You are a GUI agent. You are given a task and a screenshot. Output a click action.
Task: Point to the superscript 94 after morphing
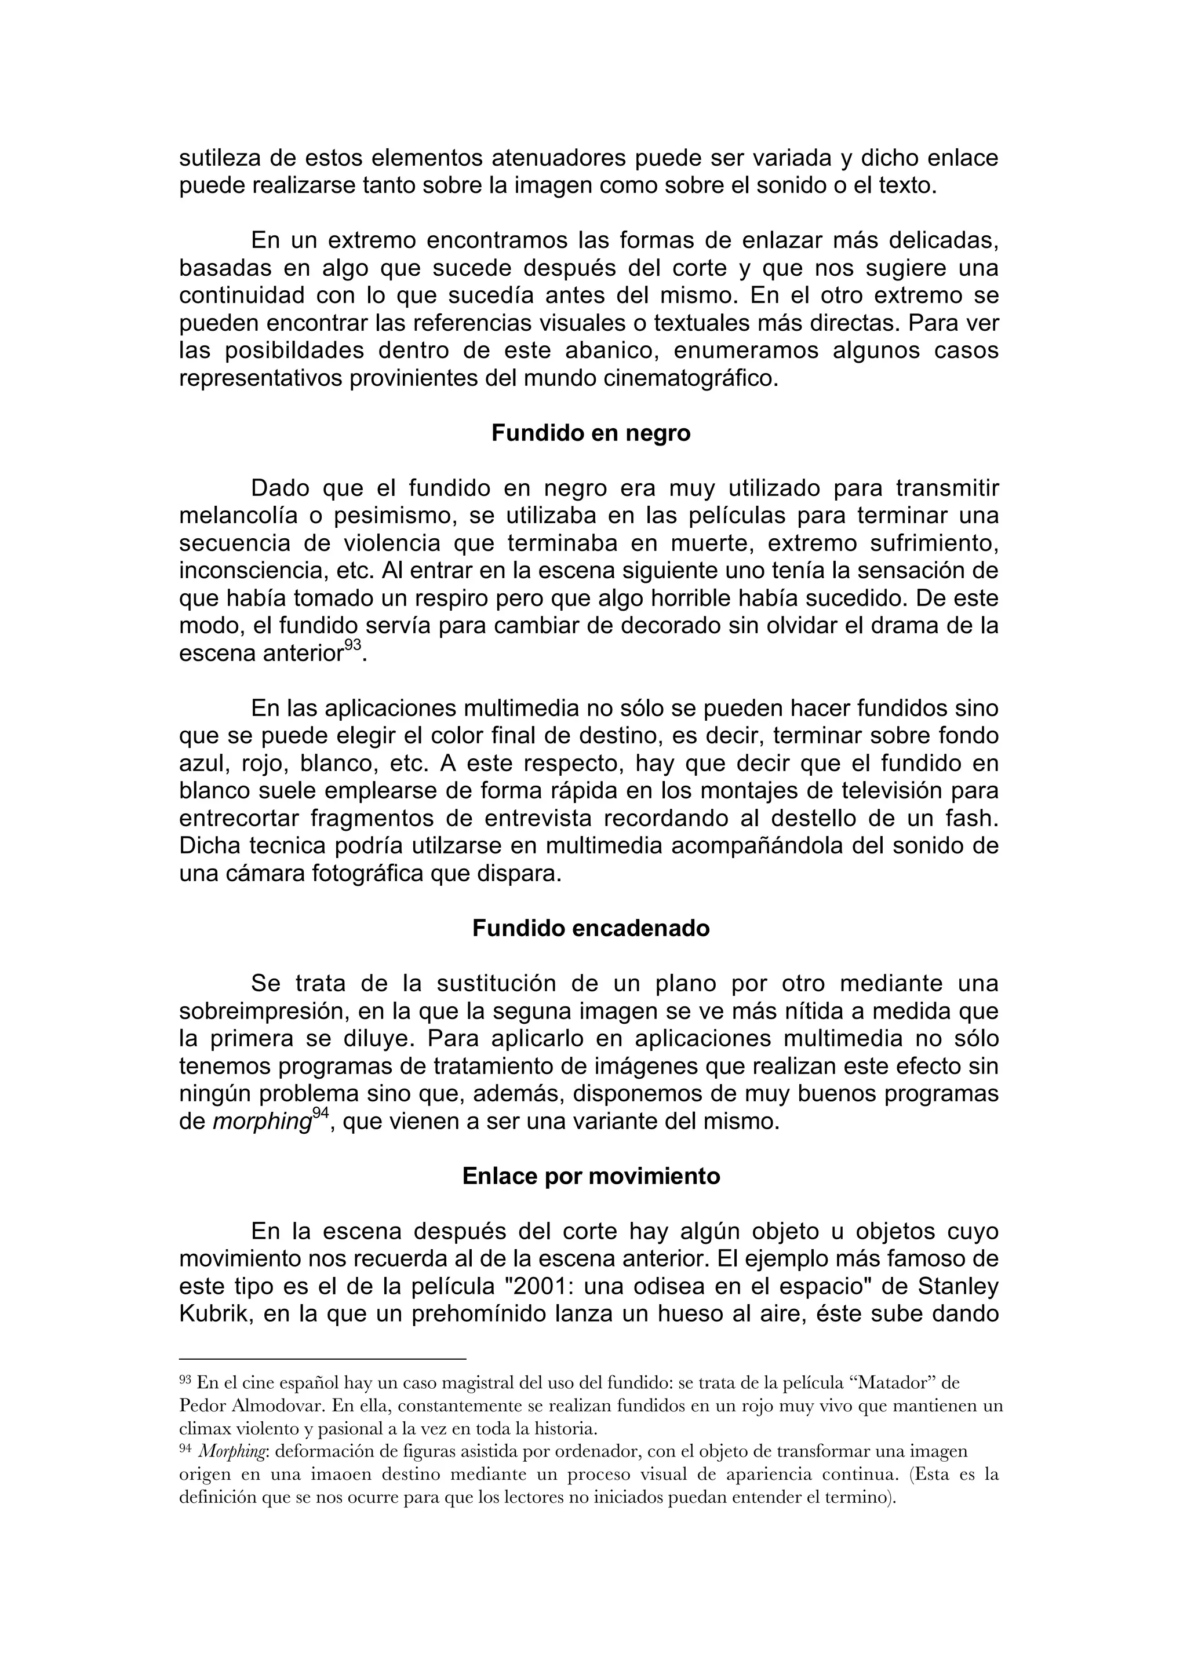[x=321, y=1113]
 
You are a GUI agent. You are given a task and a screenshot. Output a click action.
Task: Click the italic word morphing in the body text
[x=262, y=1122]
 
